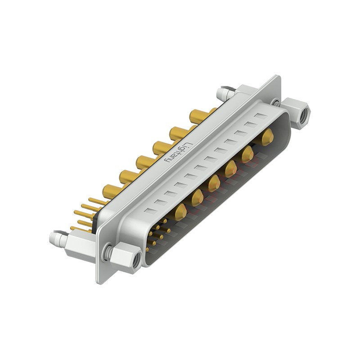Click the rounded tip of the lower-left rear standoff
click(54, 238)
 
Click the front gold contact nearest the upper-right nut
click(268, 136)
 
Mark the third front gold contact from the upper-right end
click(230, 169)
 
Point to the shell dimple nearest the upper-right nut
click(260, 116)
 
